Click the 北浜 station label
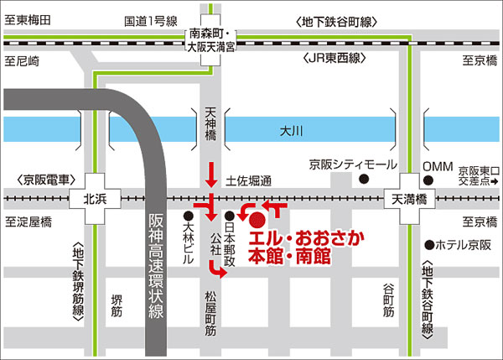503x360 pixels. point(96,200)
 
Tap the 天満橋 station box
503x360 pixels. point(411,200)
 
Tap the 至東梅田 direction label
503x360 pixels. point(29,19)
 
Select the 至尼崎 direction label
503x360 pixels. point(23,60)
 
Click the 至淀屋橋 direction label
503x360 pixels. point(29,222)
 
